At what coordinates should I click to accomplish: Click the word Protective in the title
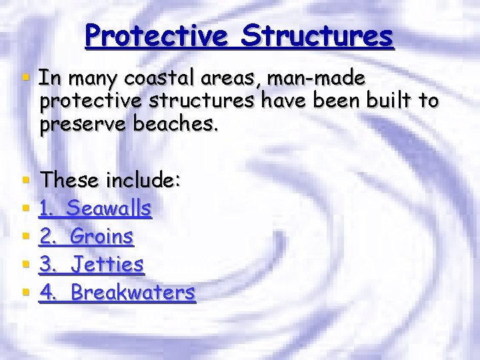156,35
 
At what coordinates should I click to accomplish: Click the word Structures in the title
317,35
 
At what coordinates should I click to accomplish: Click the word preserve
81,124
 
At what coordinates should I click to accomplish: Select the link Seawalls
109,209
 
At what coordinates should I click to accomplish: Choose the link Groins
101,236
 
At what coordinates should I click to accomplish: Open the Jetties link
107,265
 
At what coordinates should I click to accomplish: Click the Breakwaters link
133,293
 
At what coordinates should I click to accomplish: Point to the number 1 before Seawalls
45,209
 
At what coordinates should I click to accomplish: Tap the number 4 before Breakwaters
46,293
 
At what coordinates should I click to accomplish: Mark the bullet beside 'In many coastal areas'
25,78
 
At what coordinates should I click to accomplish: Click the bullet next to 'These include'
25,180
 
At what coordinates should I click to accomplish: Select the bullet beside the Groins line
25,236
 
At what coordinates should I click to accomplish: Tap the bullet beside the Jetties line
25,265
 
